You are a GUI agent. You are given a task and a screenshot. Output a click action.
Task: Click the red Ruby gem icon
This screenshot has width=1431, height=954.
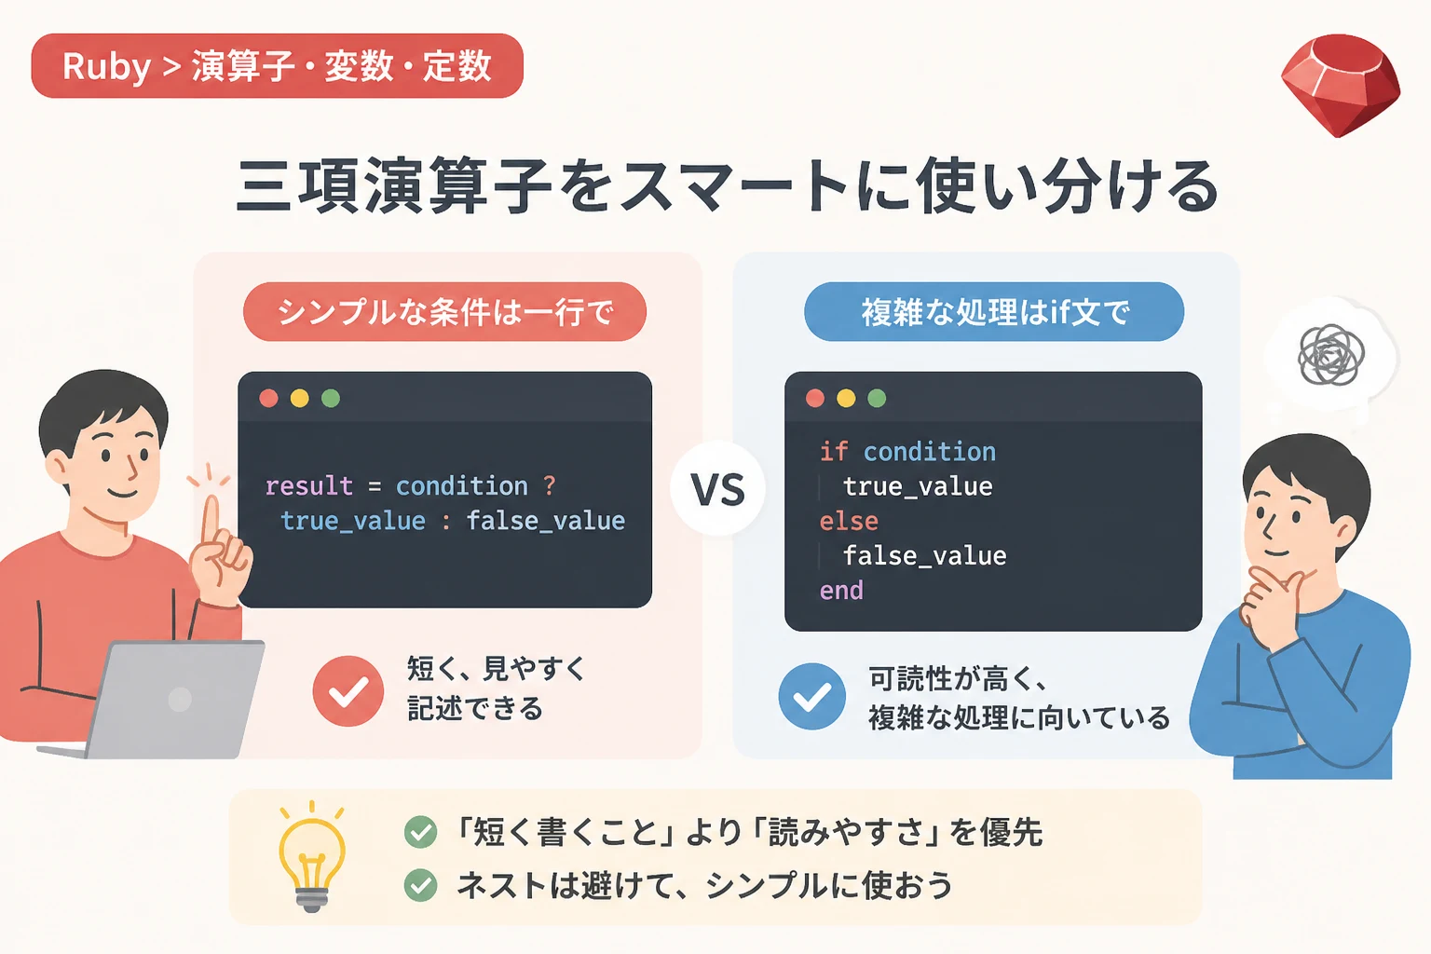[1341, 85]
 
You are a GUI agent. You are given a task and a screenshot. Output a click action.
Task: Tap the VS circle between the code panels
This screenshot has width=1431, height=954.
[717, 489]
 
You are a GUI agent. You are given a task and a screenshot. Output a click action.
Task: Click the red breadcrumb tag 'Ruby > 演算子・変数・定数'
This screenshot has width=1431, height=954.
[278, 66]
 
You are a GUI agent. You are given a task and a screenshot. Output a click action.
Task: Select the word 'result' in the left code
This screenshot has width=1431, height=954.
[308, 486]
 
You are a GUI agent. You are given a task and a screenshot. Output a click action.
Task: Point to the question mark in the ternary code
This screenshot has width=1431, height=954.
[550, 485]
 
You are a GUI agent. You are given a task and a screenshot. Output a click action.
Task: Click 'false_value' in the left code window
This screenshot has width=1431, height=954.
[546, 521]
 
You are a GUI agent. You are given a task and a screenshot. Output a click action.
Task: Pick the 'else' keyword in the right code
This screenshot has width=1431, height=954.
[849, 522]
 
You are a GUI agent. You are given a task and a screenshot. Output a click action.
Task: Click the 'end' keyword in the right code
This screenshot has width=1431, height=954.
[841, 591]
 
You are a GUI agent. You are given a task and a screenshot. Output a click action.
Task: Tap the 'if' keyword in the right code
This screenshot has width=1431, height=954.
[834, 452]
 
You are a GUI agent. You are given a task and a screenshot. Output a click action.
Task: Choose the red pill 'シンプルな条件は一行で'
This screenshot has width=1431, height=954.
[444, 312]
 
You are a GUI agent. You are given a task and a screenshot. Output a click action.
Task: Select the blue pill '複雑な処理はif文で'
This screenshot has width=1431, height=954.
[994, 312]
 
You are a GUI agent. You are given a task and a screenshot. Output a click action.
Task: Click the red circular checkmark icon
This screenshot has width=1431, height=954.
[348, 690]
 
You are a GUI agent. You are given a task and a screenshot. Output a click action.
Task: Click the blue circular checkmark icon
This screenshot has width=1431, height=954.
[812, 697]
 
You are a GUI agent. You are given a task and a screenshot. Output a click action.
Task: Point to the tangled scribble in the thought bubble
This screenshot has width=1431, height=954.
[1331, 355]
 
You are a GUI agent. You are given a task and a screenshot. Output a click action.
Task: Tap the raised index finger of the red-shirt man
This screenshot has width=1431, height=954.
[211, 520]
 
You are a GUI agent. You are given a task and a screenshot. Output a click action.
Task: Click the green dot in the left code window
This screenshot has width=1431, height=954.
[331, 398]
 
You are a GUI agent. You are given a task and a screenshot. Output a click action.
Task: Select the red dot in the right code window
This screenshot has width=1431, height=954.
[814, 398]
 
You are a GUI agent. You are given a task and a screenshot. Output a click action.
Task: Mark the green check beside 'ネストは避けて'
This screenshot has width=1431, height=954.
[420, 885]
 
